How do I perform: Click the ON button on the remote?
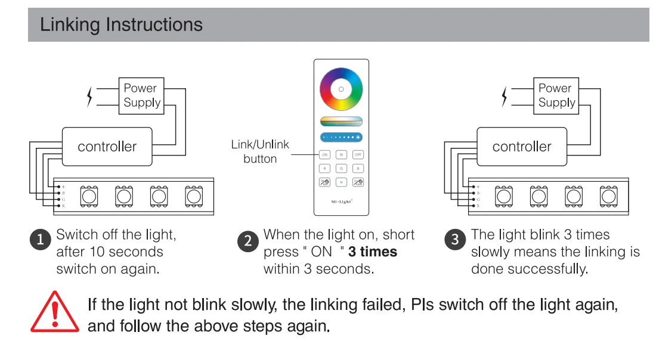click(x=325, y=154)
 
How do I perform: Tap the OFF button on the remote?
click(x=358, y=154)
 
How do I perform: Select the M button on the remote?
click(x=342, y=182)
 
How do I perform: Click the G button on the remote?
click(x=342, y=169)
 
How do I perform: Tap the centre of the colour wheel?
click(x=341, y=89)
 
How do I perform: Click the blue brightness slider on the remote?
click(x=341, y=137)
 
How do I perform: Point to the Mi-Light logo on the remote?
click(x=342, y=201)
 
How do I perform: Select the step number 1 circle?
click(x=41, y=240)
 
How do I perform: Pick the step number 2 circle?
click(x=247, y=241)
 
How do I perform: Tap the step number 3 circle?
click(x=455, y=240)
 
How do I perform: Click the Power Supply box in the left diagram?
click(x=140, y=95)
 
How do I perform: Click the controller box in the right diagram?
click(x=522, y=147)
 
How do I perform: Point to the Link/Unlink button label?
click(x=260, y=151)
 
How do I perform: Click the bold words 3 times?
click(x=373, y=252)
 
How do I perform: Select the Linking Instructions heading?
click(x=121, y=25)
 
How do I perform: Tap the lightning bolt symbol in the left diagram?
click(x=90, y=97)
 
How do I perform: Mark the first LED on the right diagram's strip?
click(x=505, y=195)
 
